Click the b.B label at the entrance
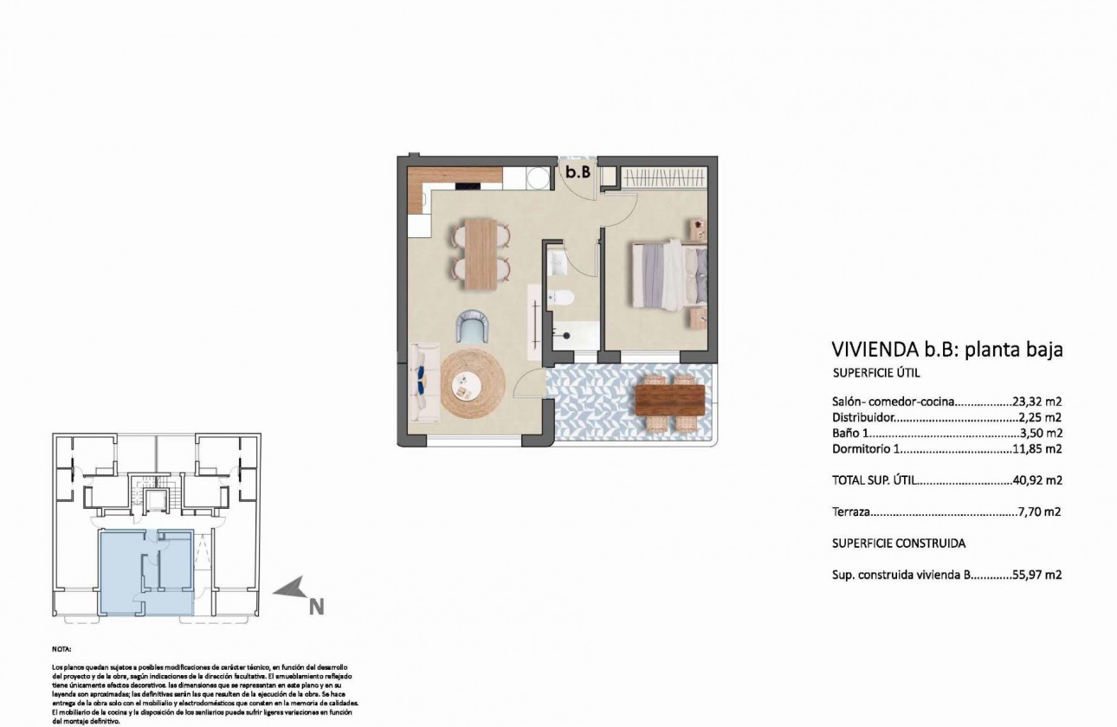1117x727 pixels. [578, 173]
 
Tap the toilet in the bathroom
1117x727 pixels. [564, 299]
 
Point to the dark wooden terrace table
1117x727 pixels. [669, 399]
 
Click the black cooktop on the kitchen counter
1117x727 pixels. [468, 184]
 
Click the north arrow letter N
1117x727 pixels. [316, 608]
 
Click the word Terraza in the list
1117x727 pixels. [851, 511]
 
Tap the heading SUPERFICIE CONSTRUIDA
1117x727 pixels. [898, 544]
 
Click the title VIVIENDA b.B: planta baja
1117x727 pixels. [946, 350]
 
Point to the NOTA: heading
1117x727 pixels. [62, 648]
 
